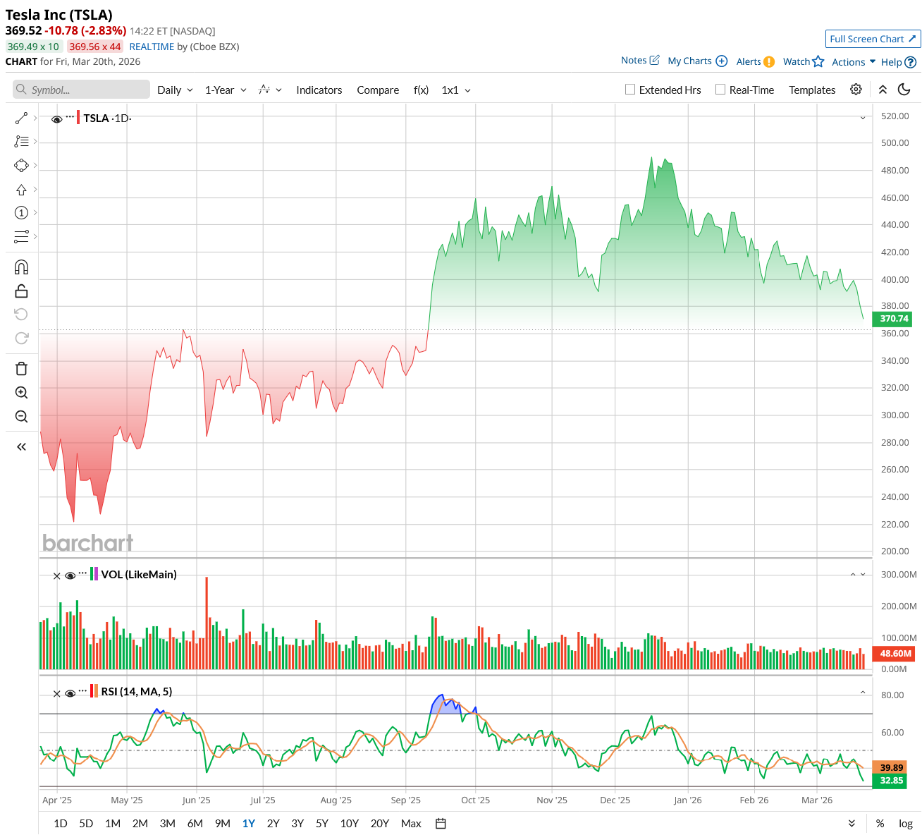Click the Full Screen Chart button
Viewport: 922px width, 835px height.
point(873,39)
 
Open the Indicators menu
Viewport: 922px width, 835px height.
point(319,90)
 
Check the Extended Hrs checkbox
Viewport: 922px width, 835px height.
point(630,90)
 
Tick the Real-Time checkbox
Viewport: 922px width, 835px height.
point(720,90)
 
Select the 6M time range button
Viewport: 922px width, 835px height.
point(195,823)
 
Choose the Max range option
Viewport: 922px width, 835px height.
point(411,823)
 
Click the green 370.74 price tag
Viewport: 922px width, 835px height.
point(894,319)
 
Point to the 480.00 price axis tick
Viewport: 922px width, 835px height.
point(895,170)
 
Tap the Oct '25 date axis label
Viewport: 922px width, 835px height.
point(475,800)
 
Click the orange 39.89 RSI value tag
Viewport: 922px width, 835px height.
point(892,767)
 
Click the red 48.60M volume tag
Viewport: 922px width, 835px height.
point(895,654)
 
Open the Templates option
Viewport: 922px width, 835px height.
point(812,90)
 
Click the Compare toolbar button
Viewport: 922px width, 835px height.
point(378,90)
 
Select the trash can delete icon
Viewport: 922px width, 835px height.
point(21,369)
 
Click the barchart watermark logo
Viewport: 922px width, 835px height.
point(87,542)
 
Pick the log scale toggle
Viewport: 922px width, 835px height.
point(906,823)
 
